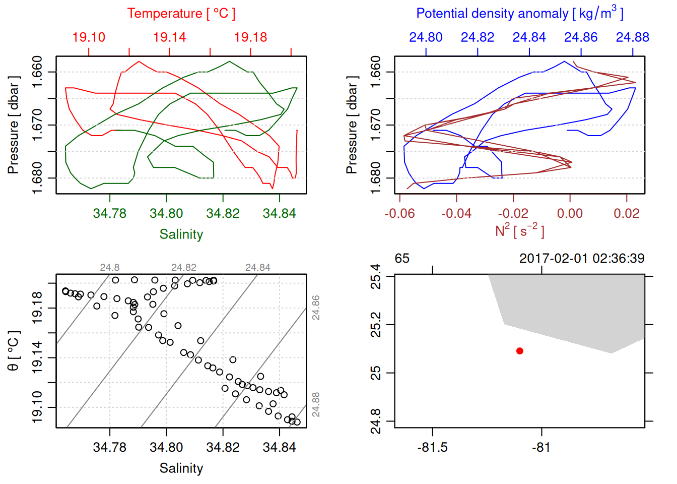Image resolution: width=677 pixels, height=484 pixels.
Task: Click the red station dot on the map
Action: (x=519, y=351)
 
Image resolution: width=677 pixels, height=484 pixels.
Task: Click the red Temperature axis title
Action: (x=181, y=14)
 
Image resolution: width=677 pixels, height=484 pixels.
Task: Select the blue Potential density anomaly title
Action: (x=519, y=13)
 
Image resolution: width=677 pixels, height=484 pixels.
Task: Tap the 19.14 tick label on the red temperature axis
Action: (x=169, y=37)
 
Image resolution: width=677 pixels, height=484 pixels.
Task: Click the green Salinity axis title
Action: (x=181, y=234)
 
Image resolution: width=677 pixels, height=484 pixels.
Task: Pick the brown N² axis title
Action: (x=519, y=230)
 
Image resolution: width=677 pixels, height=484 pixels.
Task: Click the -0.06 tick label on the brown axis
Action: (x=399, y=214)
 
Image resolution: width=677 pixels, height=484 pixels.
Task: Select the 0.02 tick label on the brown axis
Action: (x=626, y=214)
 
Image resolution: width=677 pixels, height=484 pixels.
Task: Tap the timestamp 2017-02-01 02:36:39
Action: (x=581, y=259)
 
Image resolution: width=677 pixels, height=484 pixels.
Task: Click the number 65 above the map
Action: (x=402, y=259)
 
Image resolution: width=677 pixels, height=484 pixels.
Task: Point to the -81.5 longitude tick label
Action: (x=432, y=448)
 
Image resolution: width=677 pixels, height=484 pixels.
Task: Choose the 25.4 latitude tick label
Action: (x=376, y=276)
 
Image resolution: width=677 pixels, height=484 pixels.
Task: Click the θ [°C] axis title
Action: (x=14, y=351)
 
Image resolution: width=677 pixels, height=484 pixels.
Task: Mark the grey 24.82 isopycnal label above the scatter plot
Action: (x=183, y=268)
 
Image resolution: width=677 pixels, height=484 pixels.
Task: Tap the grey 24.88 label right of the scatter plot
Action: (x=316, y=405)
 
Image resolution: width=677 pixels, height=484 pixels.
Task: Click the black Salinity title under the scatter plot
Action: (x=181, y=468)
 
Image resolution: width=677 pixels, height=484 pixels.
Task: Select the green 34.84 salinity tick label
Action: (x=279, y=214)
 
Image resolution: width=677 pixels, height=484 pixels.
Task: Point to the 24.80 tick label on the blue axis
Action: (x=426, y=37)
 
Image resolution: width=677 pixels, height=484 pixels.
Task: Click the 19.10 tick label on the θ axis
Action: (x=37, y=407)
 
